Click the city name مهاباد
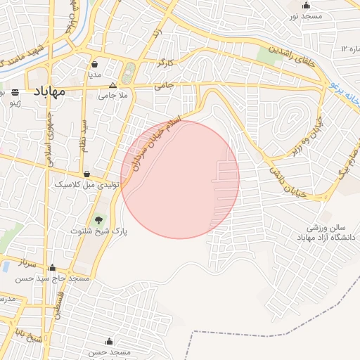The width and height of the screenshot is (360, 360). point(49,92)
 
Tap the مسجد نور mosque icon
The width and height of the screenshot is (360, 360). point(306,6)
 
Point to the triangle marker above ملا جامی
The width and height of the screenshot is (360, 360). point(112,84)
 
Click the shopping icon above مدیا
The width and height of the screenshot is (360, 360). point(94,64)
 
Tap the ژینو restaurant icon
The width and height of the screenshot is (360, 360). point(15,92)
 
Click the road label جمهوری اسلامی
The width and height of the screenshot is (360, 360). point(49,134)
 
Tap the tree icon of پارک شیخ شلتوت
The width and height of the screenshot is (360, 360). point(98,220)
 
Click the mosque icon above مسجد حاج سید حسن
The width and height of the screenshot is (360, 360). point(52,267)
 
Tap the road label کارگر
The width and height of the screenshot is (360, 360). point(165,63)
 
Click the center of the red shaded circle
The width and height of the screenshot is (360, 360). point(180,179)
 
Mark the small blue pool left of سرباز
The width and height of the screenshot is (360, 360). point(5,267)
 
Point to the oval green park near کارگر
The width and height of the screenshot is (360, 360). point(129,73)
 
